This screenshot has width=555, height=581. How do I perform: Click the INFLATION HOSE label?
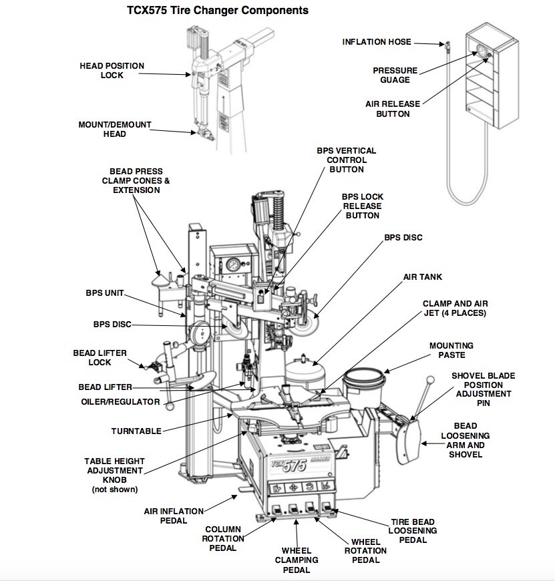(377, 42)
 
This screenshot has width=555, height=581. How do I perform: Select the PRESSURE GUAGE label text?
(395, 75)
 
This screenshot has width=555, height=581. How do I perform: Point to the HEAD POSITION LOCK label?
(112, 70)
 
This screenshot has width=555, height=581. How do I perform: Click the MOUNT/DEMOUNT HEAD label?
(115, 129)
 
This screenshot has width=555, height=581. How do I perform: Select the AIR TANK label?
(422, 276)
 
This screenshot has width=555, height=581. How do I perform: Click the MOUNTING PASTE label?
(451, 351)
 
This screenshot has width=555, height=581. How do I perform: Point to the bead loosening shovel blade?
(409, 441)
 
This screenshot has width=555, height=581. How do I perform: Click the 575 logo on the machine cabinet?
(288, 465)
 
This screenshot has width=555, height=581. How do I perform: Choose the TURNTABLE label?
(136, 431)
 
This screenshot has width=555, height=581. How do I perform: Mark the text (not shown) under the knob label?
(114, 489)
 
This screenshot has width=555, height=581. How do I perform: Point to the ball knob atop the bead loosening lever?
(431, 380)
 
